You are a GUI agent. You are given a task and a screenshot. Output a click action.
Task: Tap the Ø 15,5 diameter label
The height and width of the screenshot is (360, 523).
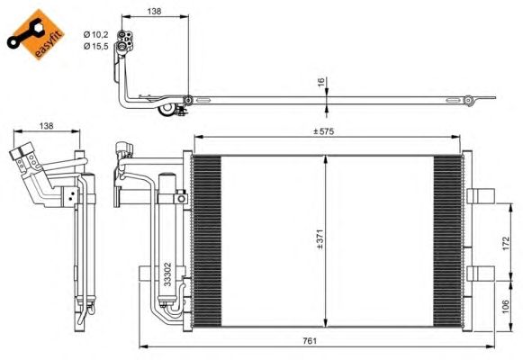pos(97,45)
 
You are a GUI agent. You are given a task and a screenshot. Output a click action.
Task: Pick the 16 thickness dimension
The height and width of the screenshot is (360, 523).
pos(320,82)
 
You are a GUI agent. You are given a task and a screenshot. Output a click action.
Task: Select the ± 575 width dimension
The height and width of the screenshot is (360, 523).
pos(325,133)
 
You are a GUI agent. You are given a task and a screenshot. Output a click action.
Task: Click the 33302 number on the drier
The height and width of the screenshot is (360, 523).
pos(167,274)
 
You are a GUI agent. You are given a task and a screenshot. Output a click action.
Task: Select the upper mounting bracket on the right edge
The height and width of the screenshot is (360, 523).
pos(482,195)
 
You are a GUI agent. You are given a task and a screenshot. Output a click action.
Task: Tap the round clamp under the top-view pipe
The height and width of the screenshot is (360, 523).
pos(166,112)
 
